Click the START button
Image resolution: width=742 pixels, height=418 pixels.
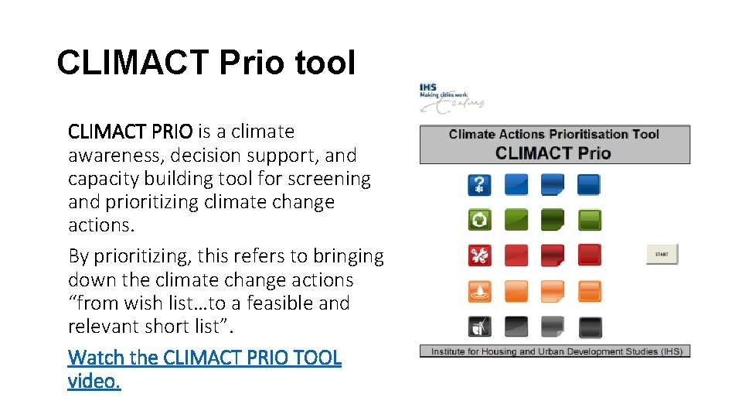(662, 254)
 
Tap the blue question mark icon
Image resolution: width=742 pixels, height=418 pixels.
(479, 184)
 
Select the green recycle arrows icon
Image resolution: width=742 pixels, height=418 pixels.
(479, 220)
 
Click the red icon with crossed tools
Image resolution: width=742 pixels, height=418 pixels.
(479, 255)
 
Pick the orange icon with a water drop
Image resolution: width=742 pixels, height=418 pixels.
(479, 291)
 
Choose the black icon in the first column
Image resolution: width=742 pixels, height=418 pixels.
(479, 327)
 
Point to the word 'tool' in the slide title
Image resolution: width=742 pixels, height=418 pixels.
(324, 63)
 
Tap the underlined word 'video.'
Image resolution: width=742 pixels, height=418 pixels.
(94, 381)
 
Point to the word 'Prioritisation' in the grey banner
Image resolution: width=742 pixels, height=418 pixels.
(589, 134)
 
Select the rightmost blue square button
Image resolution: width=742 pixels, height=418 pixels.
(589, 184)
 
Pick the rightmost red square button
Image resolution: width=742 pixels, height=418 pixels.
(589, 255)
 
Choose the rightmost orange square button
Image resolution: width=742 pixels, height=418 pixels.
(589, 291)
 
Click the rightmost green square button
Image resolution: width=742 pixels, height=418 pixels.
(589, 220)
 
